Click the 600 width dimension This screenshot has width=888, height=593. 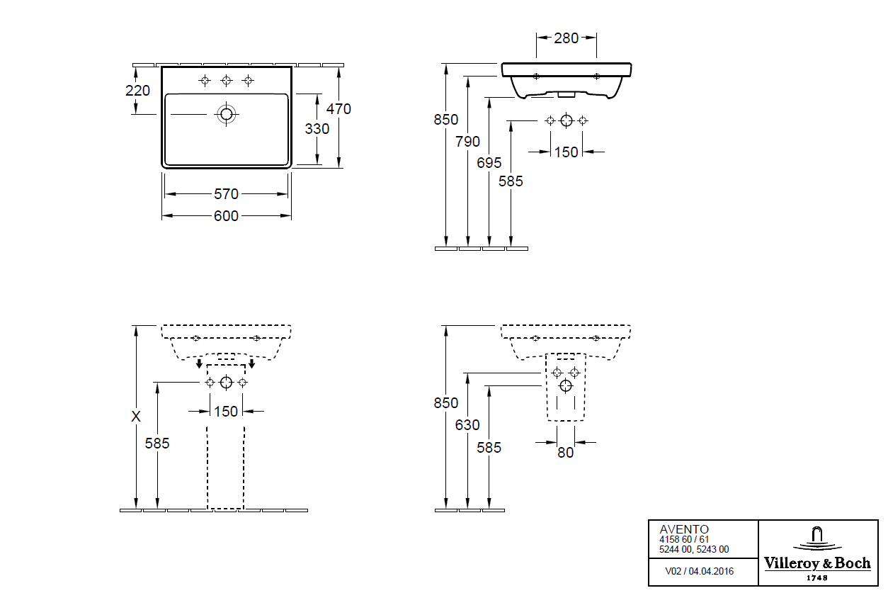[x=226, y=216]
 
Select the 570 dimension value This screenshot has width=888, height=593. [x=226, y=194]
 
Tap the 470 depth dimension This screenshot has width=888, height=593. [x=338, y=109]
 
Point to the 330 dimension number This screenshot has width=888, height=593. [x=317, y=129]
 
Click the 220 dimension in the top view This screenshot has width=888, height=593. [x=137, y=91]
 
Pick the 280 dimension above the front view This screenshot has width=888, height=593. [x=566, y=38]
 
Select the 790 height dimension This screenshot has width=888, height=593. [x=467, y=142]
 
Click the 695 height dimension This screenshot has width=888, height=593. [x=489, y=163]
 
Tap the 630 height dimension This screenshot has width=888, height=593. [x=467, y=425]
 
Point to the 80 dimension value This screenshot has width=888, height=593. [x=565, y=452]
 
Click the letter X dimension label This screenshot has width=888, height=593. [x=136, y=417]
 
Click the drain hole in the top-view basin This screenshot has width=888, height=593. [x=227, y=113]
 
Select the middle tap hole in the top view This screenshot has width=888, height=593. [x=227, y=80]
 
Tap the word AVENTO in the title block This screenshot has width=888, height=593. [x=684, y=529]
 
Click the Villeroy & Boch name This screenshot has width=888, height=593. [x=816, y=564]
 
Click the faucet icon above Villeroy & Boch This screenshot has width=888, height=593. [x=816, y=536]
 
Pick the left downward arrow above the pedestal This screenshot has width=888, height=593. [x=199, y=363]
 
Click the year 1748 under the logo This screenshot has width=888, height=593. [x=816, y=577]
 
